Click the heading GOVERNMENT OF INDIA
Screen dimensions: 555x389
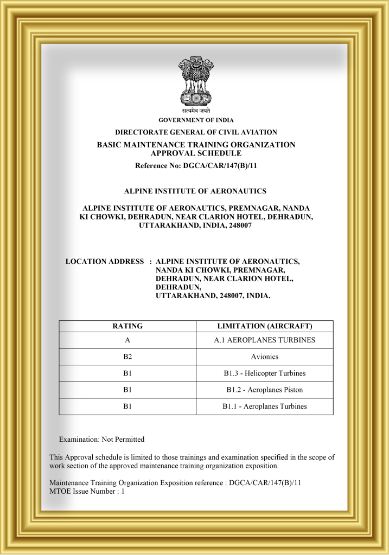(195, 120)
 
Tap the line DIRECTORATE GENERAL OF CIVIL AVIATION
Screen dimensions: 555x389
(196, 132)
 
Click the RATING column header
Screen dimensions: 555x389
(127, 326)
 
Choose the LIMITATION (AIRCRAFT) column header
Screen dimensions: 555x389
(265, 326)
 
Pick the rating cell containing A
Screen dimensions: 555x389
(127, 340)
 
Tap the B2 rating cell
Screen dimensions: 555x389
(127, 357)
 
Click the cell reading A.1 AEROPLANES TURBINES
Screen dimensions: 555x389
(265, 340)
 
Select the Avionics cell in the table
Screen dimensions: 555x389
(265, 357)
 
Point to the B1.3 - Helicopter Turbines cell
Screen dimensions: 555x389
(265, 373)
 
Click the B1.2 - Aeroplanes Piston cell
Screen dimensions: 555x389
(265, 390)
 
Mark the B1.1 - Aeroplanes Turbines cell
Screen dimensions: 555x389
(265, 406)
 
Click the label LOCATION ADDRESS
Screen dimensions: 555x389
(105, 262)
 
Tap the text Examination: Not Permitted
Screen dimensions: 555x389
(101, 439)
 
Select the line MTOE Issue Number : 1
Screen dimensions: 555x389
(87, 491)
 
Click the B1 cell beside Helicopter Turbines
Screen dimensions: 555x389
(127, 373)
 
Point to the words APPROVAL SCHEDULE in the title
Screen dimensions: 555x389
(196, 153)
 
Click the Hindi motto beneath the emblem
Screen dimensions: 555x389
(196, 111)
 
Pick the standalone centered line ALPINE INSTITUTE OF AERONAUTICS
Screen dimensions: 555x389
(195, 191)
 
